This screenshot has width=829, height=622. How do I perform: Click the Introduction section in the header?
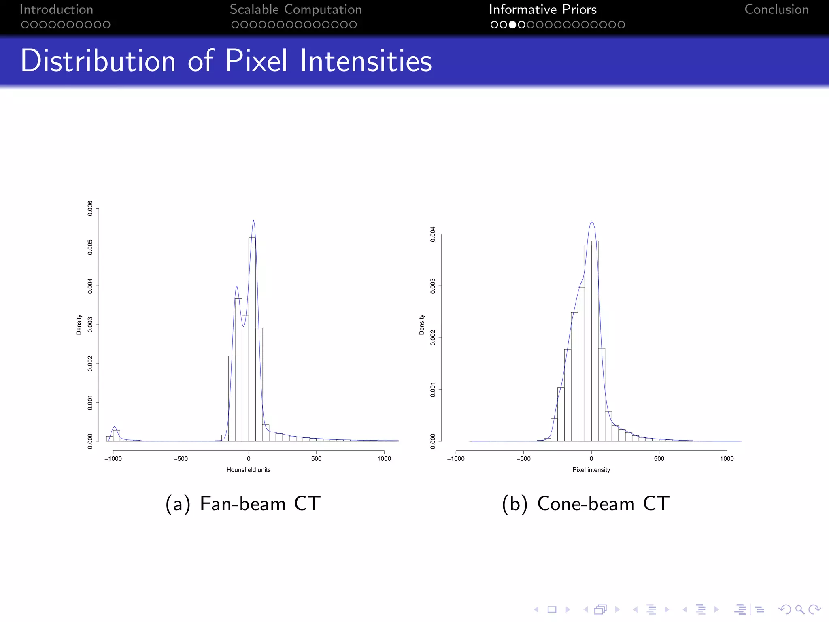tap(56, 9)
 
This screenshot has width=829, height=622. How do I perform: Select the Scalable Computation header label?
tap(295, 9)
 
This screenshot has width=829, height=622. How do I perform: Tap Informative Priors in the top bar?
tap(542, 9)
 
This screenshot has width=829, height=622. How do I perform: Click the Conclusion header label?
tap(776, 9)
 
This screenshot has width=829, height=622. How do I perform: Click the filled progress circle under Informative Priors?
tap(512, 25)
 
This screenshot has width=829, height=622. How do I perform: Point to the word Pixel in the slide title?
tap(256, 61)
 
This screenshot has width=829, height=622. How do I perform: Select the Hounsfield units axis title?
tap(248, 470)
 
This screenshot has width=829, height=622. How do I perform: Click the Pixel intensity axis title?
tap(591, 470)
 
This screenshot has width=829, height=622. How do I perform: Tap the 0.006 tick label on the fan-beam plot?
tap(90, 208)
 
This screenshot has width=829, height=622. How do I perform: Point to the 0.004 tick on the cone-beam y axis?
tap(433, 234)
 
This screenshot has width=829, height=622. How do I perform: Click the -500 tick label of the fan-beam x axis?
tap(181, 459)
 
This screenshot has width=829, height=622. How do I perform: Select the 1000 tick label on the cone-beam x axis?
tap(727, 459)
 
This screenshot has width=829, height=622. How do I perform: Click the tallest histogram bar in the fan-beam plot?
tap(252, 340)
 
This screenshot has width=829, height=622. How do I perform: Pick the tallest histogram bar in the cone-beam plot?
tap(595, 340)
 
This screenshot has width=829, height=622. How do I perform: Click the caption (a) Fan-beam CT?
tap(243, 504)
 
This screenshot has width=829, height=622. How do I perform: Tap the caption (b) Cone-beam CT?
tap(585, 504)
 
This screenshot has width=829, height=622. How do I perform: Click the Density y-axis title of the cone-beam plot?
tap(421, 324)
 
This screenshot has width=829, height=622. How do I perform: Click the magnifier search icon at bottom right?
tap(799, 609)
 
